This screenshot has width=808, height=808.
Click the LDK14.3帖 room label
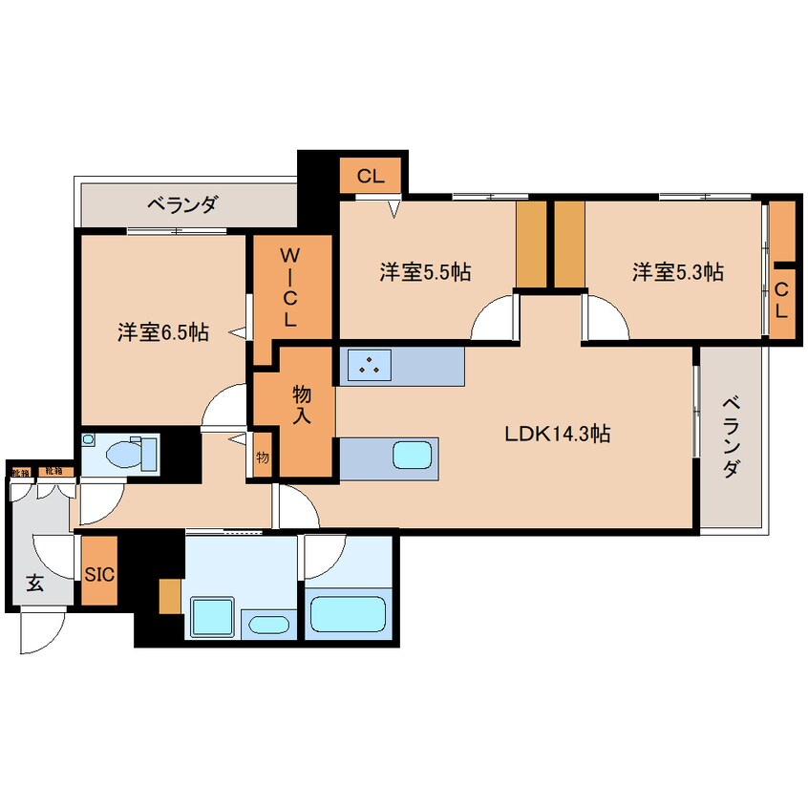(x=558, y=434)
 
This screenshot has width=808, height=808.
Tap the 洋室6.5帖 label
(x=163, y=332)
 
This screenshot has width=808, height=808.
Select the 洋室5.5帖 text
(x=425, y=272)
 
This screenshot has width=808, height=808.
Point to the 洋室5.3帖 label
(x=677, y=272)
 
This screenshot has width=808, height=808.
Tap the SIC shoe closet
(x=99, y=575)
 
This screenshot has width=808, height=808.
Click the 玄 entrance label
(x=34, y=584)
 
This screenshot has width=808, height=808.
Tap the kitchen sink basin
(x=414, y=455)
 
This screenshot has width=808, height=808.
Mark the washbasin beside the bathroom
(x=267, y=626)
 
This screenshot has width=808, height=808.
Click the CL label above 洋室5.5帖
(x=371, y=176)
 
